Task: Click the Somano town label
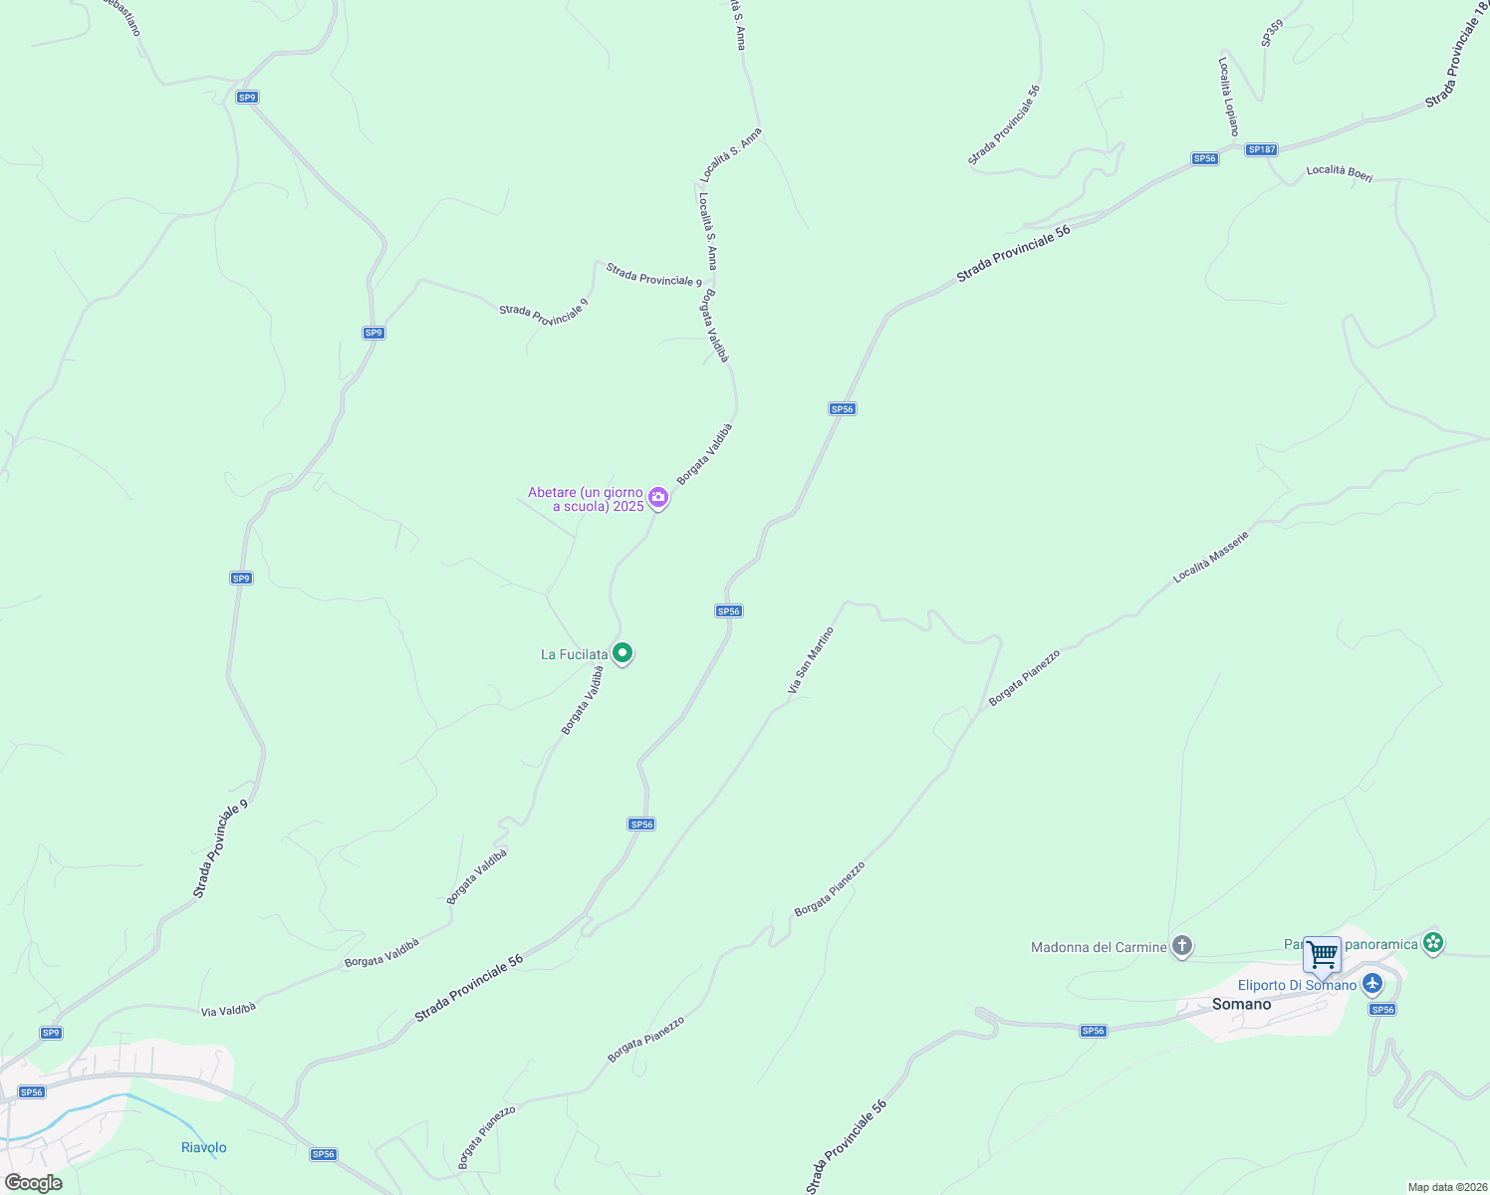coord(1241,1004)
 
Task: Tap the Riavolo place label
coord(204,1147)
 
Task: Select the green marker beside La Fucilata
coord(622,653)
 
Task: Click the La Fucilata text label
coord(574,654)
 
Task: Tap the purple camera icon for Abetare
coord(657,497)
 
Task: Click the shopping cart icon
coord(1322,955)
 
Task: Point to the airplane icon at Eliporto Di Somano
coord(1373,984)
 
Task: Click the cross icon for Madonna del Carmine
coord(1182,946)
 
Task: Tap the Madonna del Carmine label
coord(1099,947)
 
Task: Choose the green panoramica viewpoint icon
coord(1433,942)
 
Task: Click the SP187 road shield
coord(1261,149)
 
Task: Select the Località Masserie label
coord(1210,557)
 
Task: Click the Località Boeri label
coord(1340,173)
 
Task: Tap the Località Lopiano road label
coord(1228,97)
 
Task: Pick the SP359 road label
coord(1272,33)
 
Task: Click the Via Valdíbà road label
coord(228,1009)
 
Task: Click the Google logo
coord(33,1183)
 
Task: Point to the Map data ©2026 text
coord(1447,1187)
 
